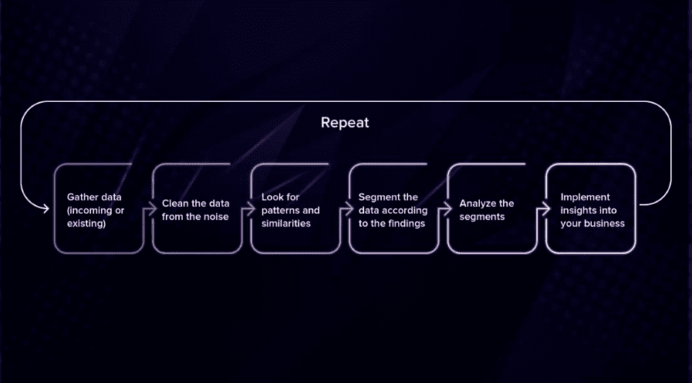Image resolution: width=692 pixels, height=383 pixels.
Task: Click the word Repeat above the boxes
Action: coord(345,122)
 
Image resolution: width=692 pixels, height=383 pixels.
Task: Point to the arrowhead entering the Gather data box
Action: coord(45,208)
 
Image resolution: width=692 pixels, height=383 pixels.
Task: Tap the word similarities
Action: coord(286,223)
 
